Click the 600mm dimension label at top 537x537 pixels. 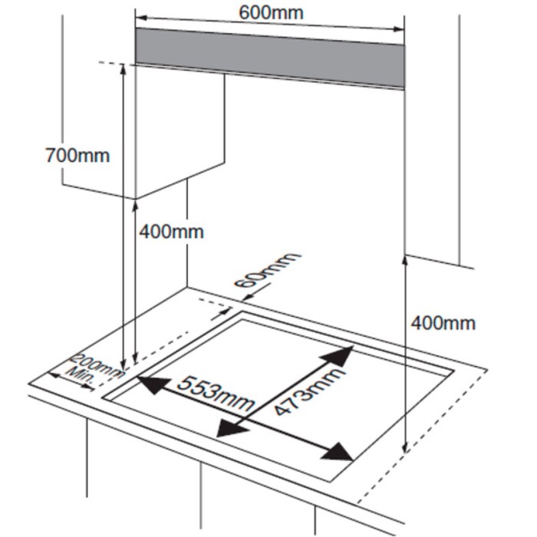pyautogui.click(x=270, y=12)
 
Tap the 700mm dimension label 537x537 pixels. pyautogui.click(x=77, y=155)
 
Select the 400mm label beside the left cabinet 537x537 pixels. pyautogui.click(x=172, y=231)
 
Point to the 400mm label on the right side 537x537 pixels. pyautogui.click(x=443, y=323)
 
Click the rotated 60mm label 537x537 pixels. pyautogui.click(x=268, y=269)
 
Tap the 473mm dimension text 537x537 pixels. pyautogui.click(x=310, y=392)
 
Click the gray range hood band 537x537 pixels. pyautogui.click(x=269, y=55)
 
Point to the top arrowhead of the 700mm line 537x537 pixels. pyautogui.click(x=123, y=69)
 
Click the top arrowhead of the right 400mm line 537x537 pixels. pyautogui.click(x=404, y=261)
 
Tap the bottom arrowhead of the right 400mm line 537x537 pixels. pyautogui.click(x=404, y=450)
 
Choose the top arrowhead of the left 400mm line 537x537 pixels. pyautogui.click(x=135, y=206)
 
